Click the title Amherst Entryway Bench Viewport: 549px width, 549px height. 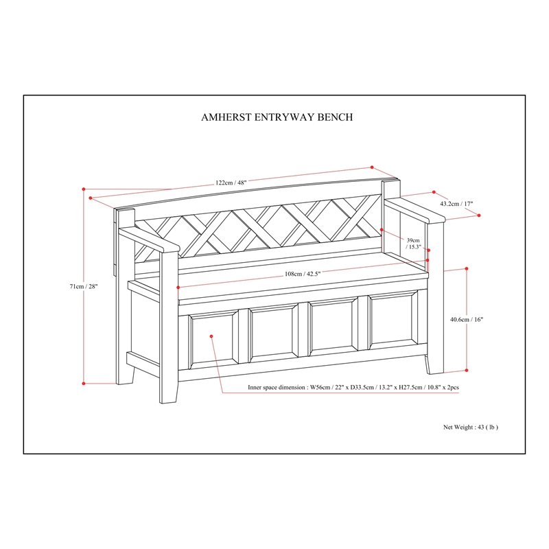point(277,117)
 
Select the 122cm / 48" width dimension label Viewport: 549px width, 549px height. point(231,183)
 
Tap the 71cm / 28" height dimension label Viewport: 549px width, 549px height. point(83,286)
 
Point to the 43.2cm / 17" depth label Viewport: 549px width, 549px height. point(456,203)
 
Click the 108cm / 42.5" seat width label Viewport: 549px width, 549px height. point(303,274)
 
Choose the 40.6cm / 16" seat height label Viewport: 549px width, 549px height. point(467,319)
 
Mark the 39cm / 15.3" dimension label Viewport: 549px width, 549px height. point(413,244)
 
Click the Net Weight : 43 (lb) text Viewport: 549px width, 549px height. point(471,427)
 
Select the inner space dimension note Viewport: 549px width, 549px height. point(353,387)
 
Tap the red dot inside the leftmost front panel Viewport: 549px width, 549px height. point(211,336)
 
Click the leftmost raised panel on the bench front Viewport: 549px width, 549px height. point(213,339)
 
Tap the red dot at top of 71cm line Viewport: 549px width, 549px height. point(84,189)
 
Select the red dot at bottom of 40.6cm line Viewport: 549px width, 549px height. point(467,370)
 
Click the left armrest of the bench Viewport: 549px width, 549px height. point(149,239)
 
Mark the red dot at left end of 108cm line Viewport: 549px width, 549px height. point(178,288)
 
